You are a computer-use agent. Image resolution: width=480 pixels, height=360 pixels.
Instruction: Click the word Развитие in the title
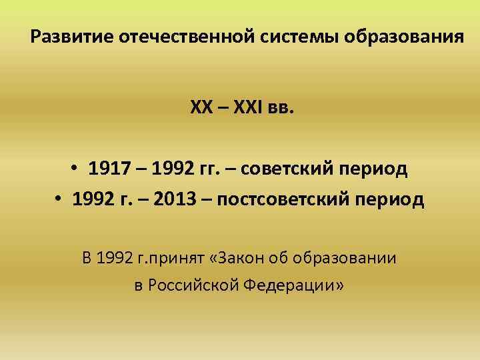[x=71, y=36]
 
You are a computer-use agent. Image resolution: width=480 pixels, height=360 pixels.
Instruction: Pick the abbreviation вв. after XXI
[x=279, y=109]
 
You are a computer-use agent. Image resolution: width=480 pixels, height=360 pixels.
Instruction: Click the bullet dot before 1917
[x=75, y=170]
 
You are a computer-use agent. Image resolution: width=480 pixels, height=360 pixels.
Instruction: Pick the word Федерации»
[x=293, y=287]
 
